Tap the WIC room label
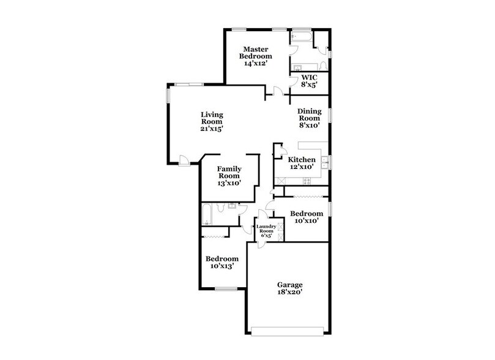[308, 81]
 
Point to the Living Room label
[212, 121]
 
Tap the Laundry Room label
[266, 230]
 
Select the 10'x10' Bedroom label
[306, 217]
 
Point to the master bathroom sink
[298, 67]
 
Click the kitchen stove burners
[306, 181]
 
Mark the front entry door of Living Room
[183, 160]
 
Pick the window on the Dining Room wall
[330, 115]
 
